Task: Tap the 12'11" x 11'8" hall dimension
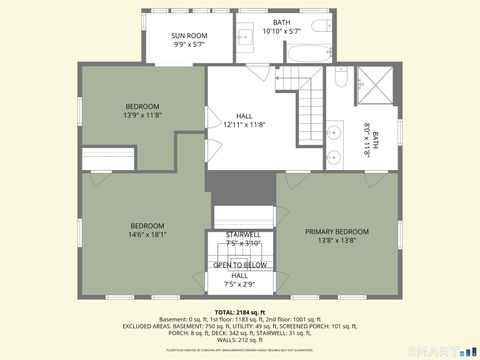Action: point(244,125)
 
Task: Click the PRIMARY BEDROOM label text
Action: point(337,232)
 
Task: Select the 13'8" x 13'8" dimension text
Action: point(337,241)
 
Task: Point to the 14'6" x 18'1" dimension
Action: point(147,235)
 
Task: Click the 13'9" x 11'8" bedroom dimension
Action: point(142,115)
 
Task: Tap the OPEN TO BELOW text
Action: point(240,265)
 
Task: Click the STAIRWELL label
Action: point(243,234)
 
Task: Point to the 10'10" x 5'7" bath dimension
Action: point(282,31)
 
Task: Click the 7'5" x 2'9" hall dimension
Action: point(240,284)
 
